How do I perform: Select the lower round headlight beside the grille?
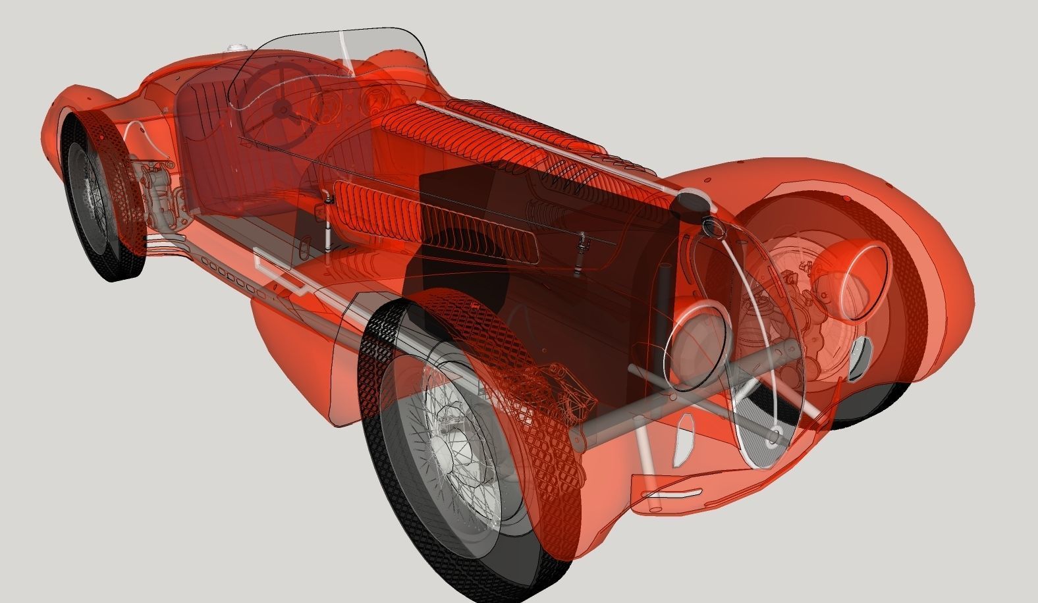pyautogui.click(x=699, y=340)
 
